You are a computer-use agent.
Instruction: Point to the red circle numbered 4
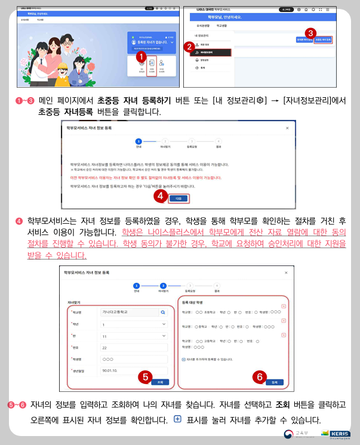point(159,194)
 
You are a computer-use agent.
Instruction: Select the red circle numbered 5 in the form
point(144,377)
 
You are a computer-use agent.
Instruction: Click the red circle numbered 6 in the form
point(259,376)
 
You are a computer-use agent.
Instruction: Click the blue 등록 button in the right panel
point(274,382)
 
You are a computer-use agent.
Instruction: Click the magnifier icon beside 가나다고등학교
point(162,311)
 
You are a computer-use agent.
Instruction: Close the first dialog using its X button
point(287,128)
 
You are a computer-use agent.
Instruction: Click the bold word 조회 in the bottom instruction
point(284,404)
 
